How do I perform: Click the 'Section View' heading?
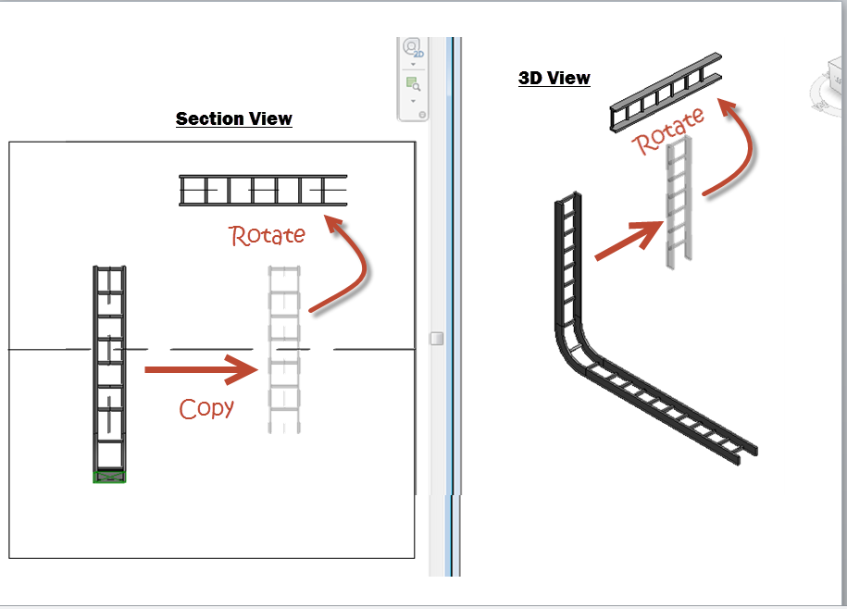[234, 118]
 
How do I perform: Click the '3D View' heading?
[554, 79]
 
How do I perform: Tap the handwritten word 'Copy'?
[206, 408]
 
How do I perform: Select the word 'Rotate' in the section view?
[268, 235]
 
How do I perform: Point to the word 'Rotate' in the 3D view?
[667, 130]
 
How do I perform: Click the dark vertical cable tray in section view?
[109, 370]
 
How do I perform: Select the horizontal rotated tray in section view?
[263, 191]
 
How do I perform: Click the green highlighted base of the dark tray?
[109, 476]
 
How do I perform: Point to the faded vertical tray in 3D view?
[678, 204]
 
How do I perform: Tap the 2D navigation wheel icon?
[413, 48]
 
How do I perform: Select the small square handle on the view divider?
[437, 340]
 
